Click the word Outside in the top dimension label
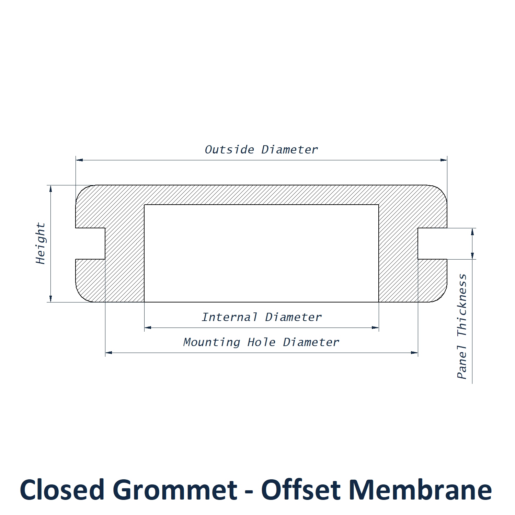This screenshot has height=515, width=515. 229,150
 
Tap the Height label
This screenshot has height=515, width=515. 41,243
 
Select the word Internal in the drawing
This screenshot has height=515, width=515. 229,317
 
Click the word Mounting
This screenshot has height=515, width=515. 211,342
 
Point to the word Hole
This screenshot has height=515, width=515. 261,342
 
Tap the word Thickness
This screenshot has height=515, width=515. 462,306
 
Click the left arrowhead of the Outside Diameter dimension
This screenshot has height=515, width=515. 79,160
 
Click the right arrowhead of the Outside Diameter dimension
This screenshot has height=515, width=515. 444,160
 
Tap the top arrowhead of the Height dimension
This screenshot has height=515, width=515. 51,189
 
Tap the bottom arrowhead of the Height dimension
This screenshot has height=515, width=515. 51,299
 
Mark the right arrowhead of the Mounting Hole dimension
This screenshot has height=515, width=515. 414,353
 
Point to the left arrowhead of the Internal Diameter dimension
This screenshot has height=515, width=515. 148,328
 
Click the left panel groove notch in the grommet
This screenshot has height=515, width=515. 90,243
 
